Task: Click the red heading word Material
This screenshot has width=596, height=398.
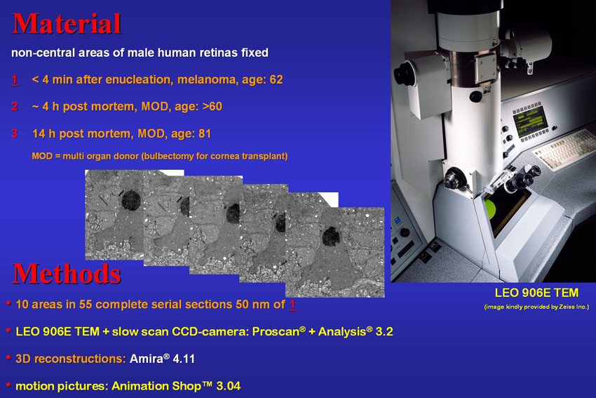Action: click(67, 24)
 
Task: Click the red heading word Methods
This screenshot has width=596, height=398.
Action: click(67, 274)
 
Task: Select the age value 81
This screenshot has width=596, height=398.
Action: click(205, 133)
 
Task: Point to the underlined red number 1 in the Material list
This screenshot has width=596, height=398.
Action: click(15, 80)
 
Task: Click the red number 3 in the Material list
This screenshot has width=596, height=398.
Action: click(15, 133)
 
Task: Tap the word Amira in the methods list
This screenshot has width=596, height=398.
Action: click(147, 359)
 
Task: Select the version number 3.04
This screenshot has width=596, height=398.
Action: click(229, 386)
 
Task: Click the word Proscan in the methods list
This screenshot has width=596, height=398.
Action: click(276, 332)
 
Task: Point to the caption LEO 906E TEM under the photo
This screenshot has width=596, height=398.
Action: click(536, 293)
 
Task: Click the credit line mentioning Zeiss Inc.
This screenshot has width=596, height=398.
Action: click(536, 307)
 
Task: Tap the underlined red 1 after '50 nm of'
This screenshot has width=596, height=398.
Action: click(292, 305)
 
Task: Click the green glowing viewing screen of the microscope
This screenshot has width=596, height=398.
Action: click(490, 209)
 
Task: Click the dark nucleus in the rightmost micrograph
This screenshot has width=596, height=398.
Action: click(331, 237)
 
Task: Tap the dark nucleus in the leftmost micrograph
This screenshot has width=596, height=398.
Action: click(131, 200)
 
